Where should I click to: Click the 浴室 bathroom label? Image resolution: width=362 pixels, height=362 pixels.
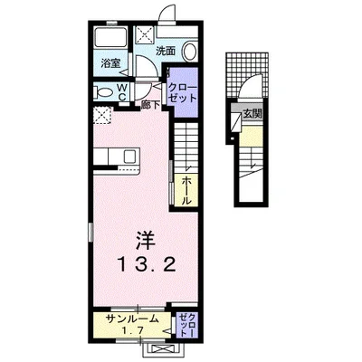click(x=109, y=65)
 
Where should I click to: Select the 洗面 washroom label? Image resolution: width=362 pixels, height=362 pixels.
click(x=165, y=52)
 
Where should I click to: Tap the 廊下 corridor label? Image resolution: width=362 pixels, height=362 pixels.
click(x=151, y=105)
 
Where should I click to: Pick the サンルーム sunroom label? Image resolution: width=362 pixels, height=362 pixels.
click(x=132, y=319)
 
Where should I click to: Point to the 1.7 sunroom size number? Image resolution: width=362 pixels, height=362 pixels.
click(x=132, y=331)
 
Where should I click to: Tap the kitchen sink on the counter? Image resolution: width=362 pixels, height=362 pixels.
click(x=129, y=157)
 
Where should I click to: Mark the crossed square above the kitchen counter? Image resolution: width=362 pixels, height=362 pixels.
click(x=103, y=116)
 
